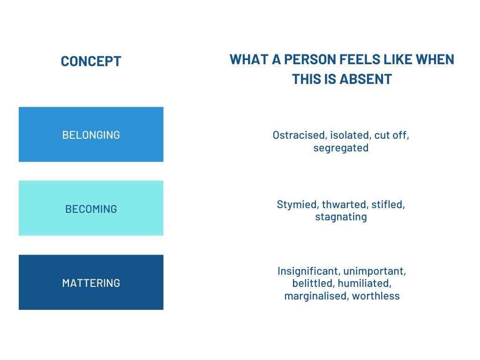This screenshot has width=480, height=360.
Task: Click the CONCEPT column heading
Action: (x=91, y=61)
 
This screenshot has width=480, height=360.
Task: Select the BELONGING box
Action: (x=91, y=135)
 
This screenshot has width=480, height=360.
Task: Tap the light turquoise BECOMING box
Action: (x=91, y=208)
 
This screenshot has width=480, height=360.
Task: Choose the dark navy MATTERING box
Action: (x=91, y=282)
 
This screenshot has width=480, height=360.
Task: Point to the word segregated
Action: (x=341, y=148)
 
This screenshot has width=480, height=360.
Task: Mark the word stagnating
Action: (x=341, y=217)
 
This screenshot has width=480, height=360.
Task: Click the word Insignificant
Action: (x=308, y=271)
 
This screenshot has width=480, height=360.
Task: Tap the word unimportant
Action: (x=375, y=271)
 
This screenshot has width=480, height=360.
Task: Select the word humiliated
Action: (x=364, y=284)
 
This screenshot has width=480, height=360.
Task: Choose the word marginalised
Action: (x=316, y=296)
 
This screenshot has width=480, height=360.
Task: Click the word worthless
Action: (x=376, y=296)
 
